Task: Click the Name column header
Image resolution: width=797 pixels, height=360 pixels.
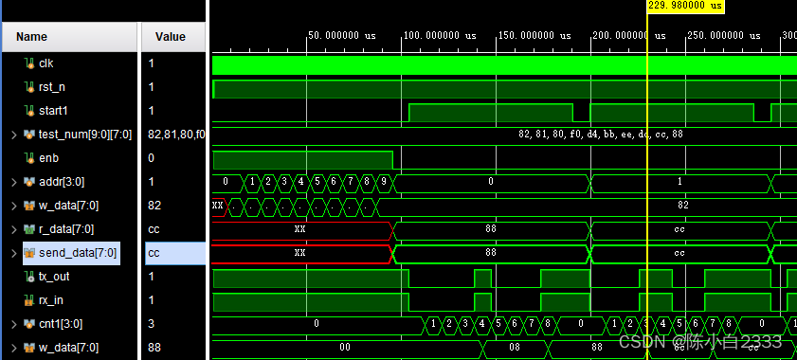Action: (x=32, y=37)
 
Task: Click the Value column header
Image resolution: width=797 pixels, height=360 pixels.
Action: (x=171, y=37)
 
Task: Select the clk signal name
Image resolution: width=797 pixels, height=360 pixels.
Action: (x=46, y=63)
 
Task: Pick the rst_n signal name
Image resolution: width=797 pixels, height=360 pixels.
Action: (x=51, y=87)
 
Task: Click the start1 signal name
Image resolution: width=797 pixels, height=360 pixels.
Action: (x=55, y=111)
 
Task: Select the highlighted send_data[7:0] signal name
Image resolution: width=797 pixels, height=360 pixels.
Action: (x=78, y=253)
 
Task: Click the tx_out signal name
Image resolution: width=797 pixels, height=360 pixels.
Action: (x=55, y=277)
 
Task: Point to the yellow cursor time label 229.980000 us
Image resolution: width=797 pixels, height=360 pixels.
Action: (x=685, y=6)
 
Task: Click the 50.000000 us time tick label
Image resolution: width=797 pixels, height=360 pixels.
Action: (x=342, y=35)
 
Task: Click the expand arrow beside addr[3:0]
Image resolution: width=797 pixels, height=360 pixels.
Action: (x=13, y=182)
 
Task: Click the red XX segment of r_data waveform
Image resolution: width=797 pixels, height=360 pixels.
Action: (x=300, y=229)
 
